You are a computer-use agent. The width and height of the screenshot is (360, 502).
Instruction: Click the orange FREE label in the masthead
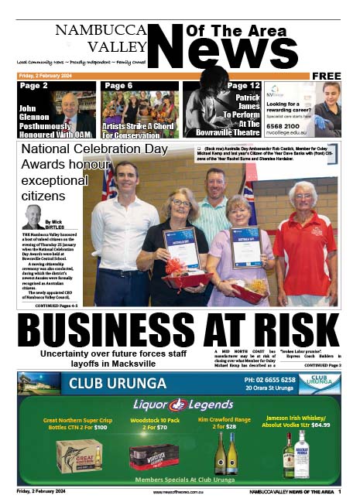[326, 76]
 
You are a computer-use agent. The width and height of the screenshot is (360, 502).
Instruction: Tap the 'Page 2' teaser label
[33, 86]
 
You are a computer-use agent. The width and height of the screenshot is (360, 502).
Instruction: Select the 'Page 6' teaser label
[118, 86]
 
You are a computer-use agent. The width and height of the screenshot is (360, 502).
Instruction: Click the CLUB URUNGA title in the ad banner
[118, 384]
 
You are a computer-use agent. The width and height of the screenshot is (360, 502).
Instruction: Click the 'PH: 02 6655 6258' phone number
[269, 380]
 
